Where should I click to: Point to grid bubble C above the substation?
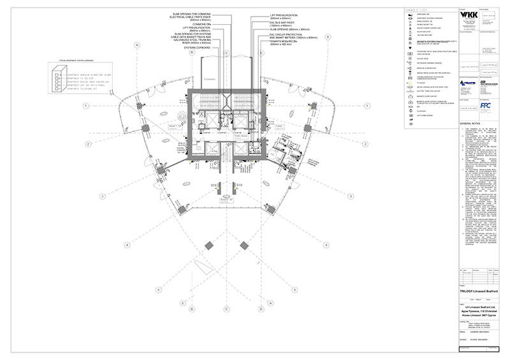226,53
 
